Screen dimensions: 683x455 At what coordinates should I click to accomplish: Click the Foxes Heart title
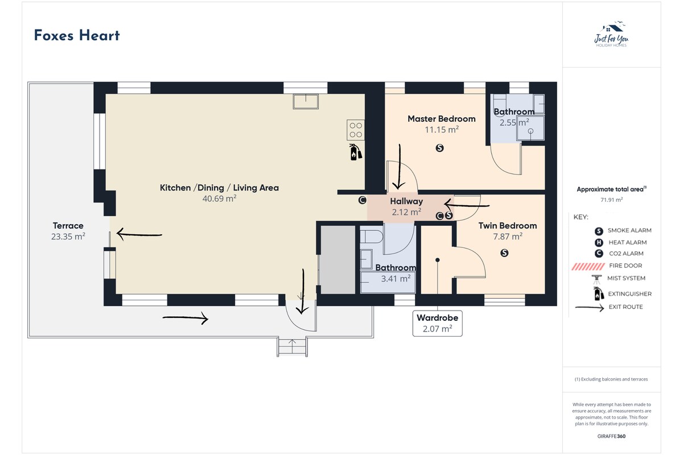pyautogui.click(x=77, y=35)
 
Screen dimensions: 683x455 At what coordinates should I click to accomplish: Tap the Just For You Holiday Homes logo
pyautogui.click(x=611, y=34)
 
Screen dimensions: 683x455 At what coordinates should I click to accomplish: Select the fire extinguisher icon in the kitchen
pyautogui.click(x=355, y=152)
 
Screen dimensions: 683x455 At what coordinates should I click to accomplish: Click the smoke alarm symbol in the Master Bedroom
pyautogui.click(x=439, y=148)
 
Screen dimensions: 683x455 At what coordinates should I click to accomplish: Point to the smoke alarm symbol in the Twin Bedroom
pyautogui.click(x=504, y=253)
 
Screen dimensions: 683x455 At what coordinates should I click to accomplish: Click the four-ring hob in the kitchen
pyautogui.click(x=356, y=130)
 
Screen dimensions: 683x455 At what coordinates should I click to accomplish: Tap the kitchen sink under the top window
pyautogui.click(x=306, y=101)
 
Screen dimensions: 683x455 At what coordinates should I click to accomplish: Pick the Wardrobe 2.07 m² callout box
pyautogui.click(x=437, y=324)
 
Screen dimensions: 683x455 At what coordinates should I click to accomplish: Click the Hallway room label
pyautogui.click(x=406, y=201)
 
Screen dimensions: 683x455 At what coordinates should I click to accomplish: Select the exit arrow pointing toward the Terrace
pyautogui.click(x=139, y=234)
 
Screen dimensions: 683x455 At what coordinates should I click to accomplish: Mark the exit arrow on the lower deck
pyautogui.click(x=186, y=318)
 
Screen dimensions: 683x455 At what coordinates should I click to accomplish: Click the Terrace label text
pyautogui.click(x=68, y=226)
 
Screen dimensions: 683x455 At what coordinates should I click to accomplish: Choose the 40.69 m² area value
pyautogui.click(x=219, y=198)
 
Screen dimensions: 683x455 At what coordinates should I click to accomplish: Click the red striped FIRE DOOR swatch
pyautogui.click(x=588, y=266)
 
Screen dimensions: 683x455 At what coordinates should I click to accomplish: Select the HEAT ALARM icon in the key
pyautogui.click(x=599, y=243)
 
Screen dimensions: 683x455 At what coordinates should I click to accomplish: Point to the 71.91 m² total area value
pyautogui.click(x=612, y=200)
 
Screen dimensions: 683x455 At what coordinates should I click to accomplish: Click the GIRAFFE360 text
pyautogui.click(x=611, y=436)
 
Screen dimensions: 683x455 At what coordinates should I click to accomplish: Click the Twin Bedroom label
pyautogui.click(x=507, y=226)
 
